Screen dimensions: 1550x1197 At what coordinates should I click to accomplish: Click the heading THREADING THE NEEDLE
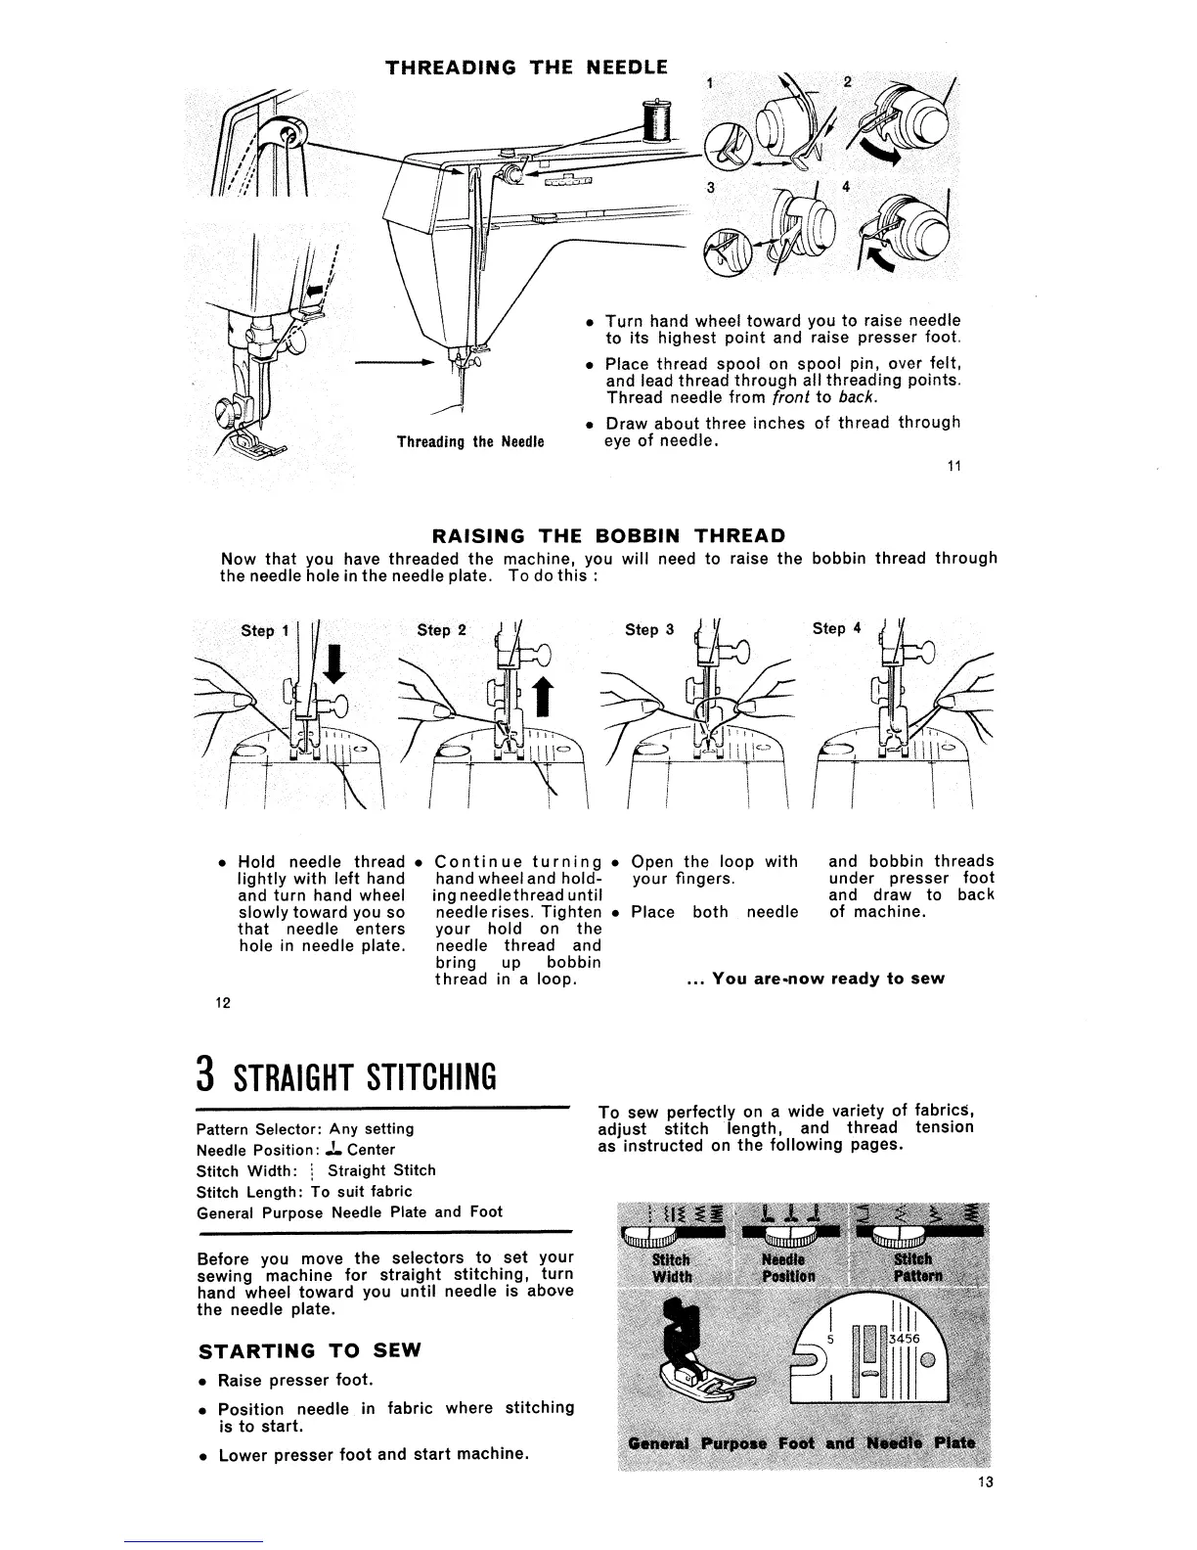[527, 68]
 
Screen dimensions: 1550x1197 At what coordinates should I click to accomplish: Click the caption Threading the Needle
[469, 441]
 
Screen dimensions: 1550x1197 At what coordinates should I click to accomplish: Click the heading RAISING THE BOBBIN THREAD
[608, 535]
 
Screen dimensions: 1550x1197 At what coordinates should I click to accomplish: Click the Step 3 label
[649, 630]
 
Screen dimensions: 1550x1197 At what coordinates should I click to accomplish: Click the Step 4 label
[837, 628]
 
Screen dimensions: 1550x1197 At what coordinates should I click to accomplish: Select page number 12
[223, 1003]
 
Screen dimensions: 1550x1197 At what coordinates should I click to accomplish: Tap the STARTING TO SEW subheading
[309, 1351]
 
